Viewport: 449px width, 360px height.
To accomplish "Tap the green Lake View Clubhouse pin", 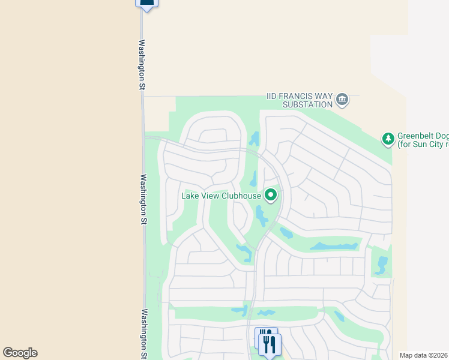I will pos(271,195).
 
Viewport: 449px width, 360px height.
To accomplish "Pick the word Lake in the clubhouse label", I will pos(191,196).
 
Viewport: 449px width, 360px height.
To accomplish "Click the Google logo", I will pos(20,353).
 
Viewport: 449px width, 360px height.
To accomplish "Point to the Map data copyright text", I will pos(424,355).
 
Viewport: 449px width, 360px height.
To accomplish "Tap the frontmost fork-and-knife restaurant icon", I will pos(270,344).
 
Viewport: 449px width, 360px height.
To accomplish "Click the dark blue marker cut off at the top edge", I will pos(147,3).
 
